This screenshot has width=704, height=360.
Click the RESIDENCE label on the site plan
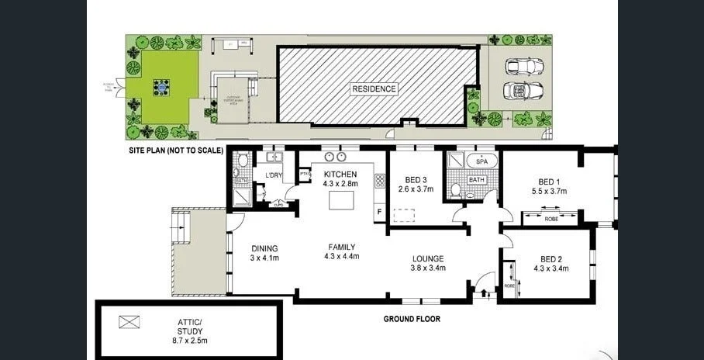[x=374, y=88]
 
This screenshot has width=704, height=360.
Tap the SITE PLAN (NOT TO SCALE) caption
[x=176, y=150]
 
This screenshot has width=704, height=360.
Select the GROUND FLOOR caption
[x=412, y=318]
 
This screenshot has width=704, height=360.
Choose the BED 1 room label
[x=549, y=185]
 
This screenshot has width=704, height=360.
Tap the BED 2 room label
[x=550, y=263]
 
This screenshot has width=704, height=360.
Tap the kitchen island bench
[x=341, y=200]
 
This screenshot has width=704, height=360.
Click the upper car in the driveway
[x=517, y=67]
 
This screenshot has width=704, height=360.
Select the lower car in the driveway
[x=517, y=90]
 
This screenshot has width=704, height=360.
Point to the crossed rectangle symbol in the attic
[x=128, y=320]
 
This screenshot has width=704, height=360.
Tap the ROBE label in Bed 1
[x=550, y=218]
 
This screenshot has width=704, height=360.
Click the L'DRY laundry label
[x=273, y=176]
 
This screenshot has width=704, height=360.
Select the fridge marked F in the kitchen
[x=380, y=210]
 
